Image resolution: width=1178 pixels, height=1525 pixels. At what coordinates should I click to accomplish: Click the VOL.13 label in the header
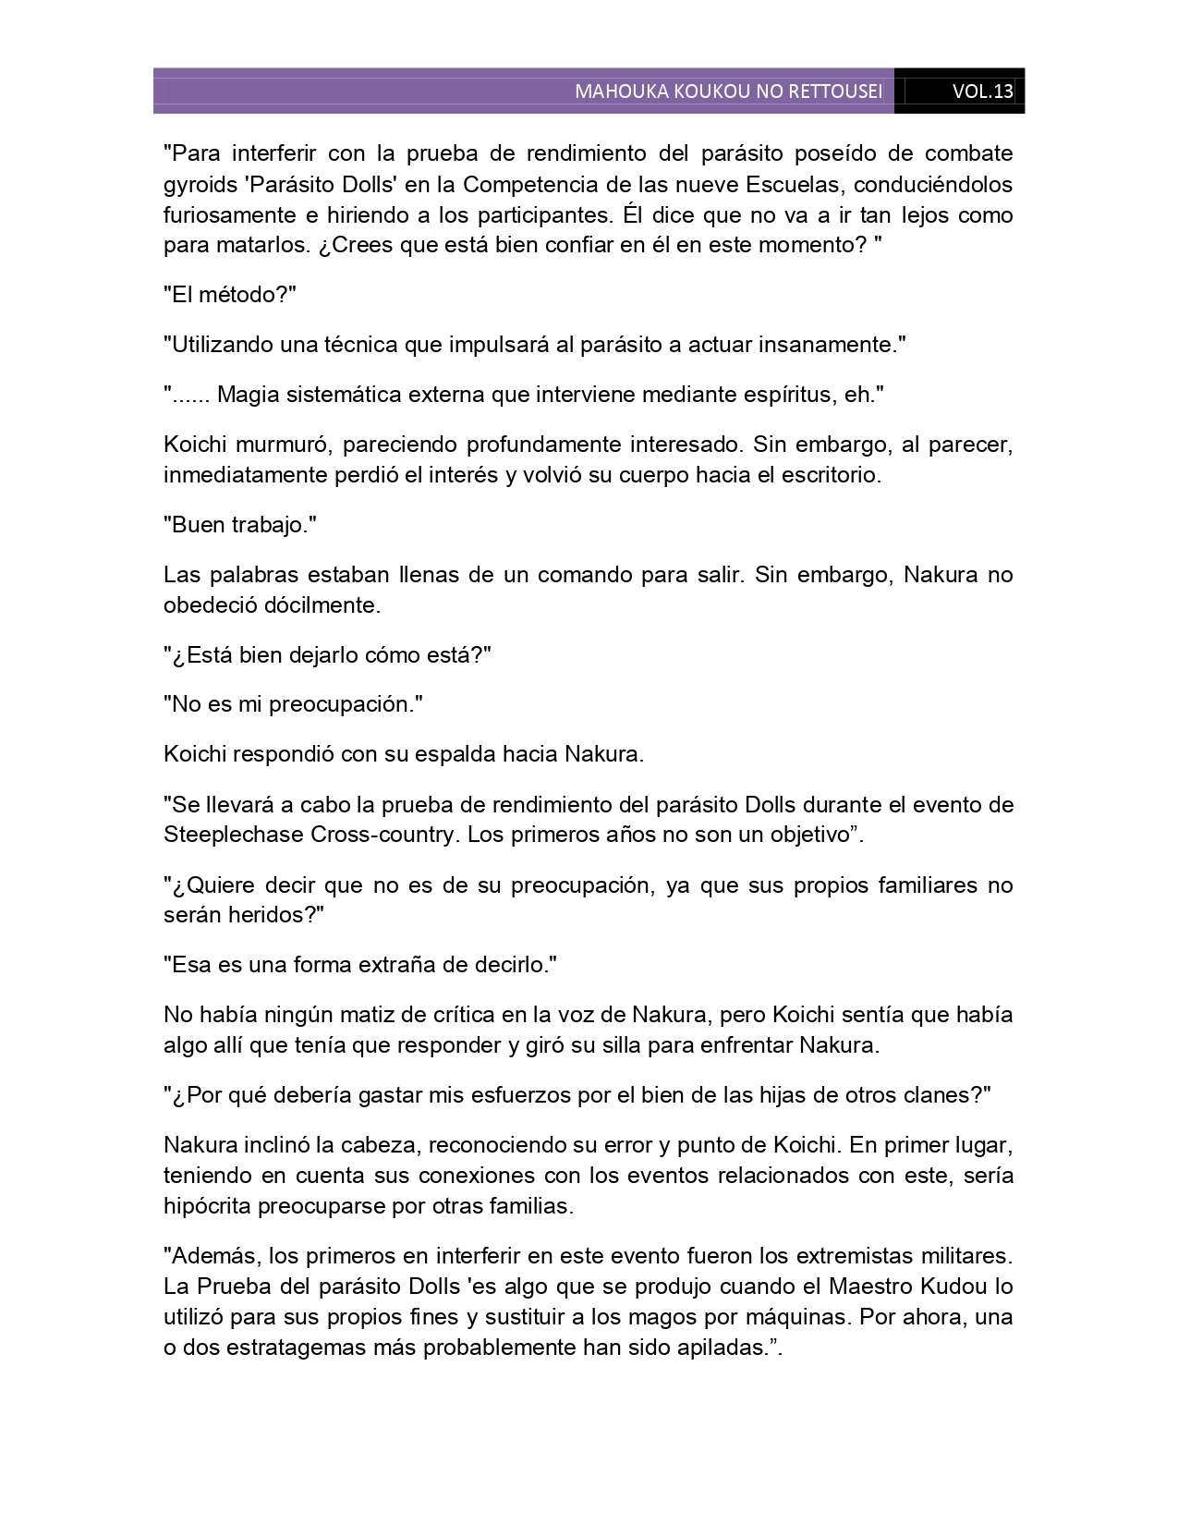(x=982, y=91)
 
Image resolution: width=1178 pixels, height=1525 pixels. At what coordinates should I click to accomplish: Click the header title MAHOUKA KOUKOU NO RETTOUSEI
(x=728, y=91)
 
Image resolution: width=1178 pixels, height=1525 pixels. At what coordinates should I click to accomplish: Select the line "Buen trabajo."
(x=240, y=525)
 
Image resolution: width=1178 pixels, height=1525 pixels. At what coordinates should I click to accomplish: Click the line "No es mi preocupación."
(x=293, y=704)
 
